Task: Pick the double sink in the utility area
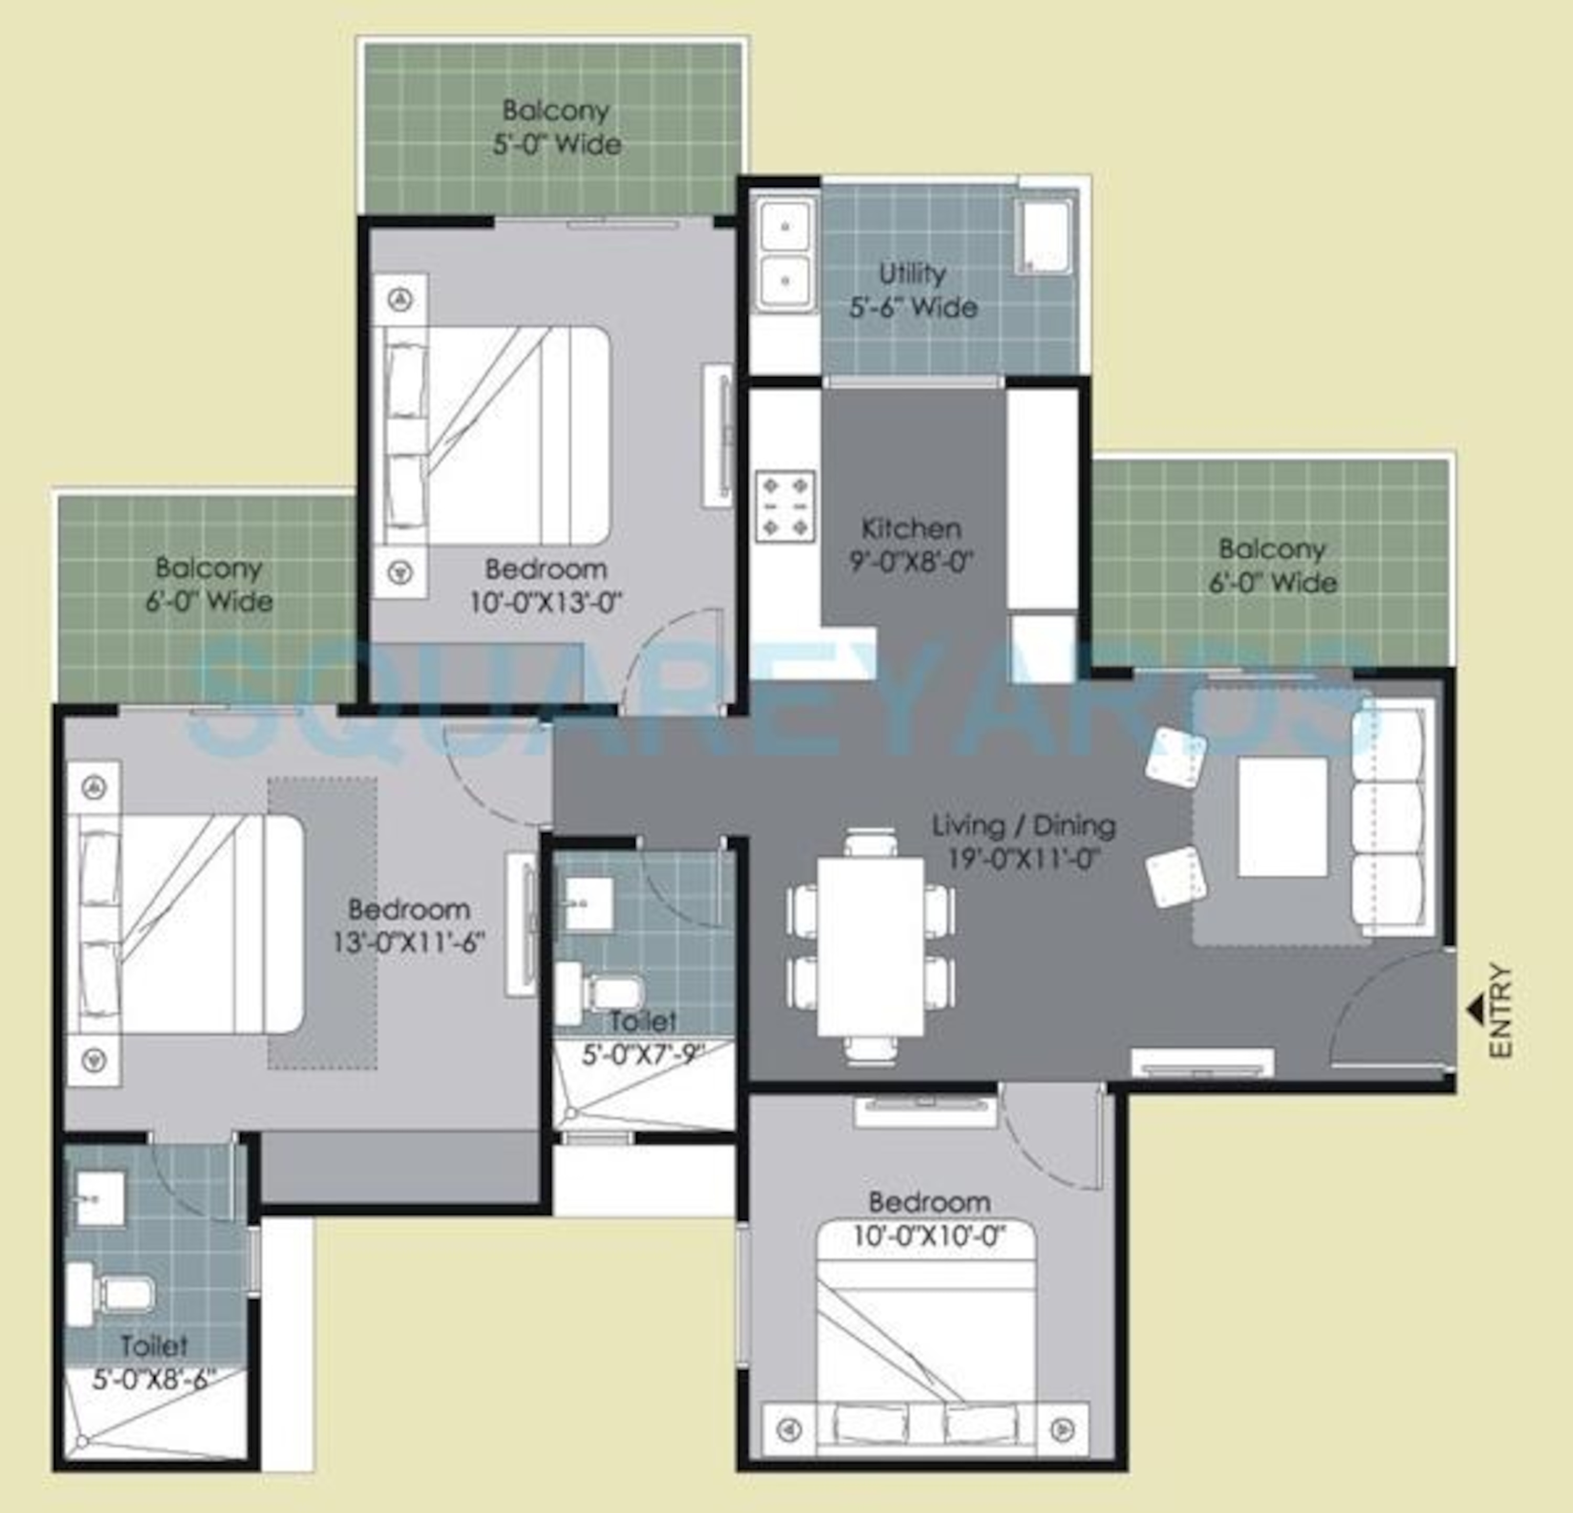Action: pos(785,254)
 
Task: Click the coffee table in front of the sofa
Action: pos(1281,817)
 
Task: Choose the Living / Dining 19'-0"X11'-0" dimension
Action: pos(1023,859)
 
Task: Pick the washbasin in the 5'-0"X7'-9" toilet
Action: pos(588,903)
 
